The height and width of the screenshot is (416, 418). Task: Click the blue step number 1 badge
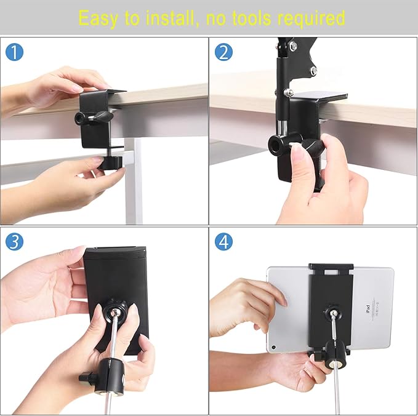(x=15, y=52)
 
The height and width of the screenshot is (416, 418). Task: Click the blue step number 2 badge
(x=223, y=52)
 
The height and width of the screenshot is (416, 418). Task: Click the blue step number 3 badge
(x=15, y=241)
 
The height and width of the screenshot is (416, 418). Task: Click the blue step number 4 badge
(x=223, y=241)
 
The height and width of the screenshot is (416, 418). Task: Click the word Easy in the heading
(x=100, y=18)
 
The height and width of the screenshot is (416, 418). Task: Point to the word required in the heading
(x=311, y=18)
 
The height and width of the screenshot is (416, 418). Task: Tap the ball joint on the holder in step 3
(x=114, y=307)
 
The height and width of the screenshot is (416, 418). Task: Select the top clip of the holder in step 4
(x=331, y=269)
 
